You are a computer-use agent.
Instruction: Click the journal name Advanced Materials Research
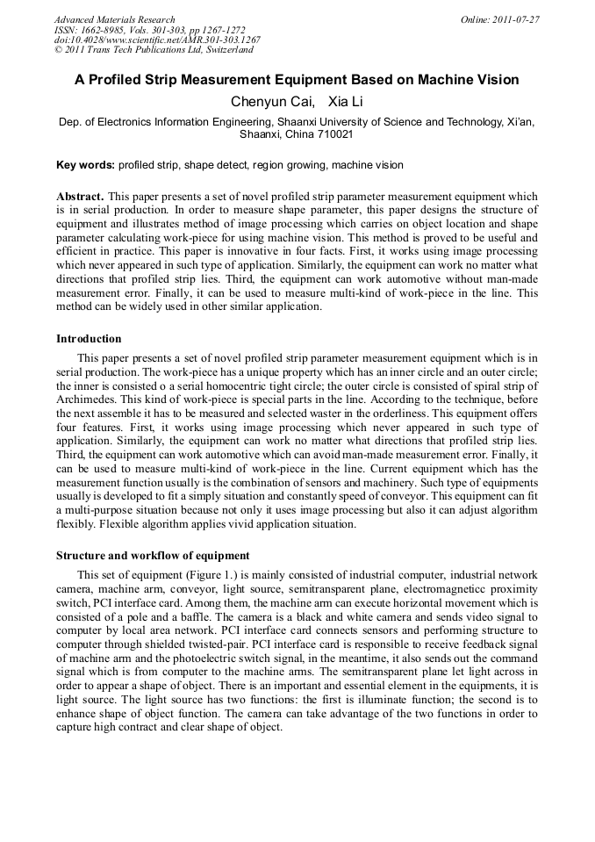[114, 19]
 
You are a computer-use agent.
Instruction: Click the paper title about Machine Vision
[297, 80]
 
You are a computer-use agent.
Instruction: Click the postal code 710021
[333, 134]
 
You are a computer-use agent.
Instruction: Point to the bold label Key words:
[85, 164]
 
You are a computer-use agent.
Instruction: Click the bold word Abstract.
[80, 196]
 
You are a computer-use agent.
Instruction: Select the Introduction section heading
[89, 338]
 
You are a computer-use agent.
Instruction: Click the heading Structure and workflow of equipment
[153, 556]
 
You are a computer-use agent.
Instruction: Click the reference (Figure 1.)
[201, 575]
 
